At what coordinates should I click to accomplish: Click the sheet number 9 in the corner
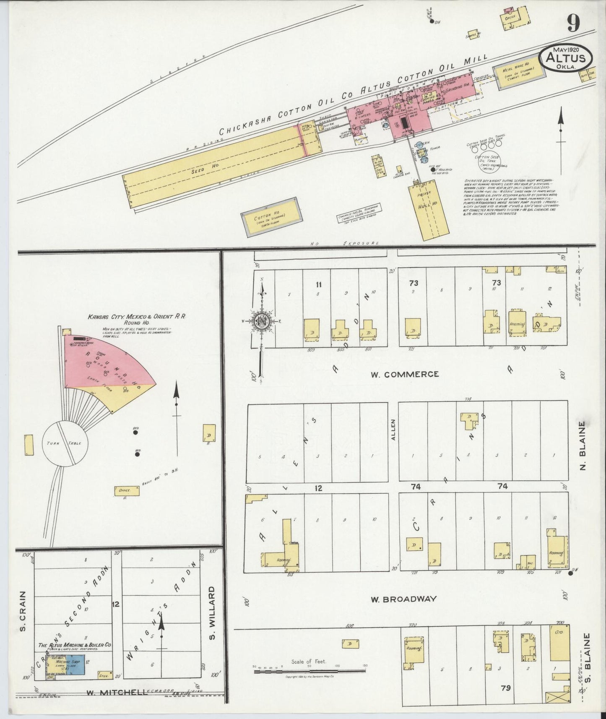tap(574, 23)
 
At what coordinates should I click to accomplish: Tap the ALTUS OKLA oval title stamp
tap(565, 59)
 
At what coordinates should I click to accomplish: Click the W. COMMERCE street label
tap(404, 374)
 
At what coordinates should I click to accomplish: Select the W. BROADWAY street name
tap(403, 599)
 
